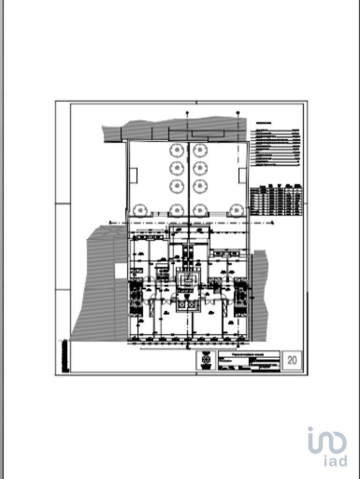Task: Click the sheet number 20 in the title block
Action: pyautogui.click(x=292, y=360)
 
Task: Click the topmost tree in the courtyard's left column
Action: pyautogui.click(x=176, y=150)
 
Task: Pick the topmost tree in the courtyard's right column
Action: pyautogui.click(x=200, y=150)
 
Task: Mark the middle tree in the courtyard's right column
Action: pyautogui.click(x=200, y=168)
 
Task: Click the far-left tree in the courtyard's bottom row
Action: pyautogui.click(x=140, y=210)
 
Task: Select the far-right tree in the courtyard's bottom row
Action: pyautogui.click(x=236, y=210)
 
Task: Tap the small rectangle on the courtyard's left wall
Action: pyautogui.click(x=133, y=175)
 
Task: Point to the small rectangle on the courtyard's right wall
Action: pyautogui.click(x=242, y=175)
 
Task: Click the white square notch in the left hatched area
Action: pyautogui.click(x=121, y=270)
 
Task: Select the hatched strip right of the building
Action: pyautogui.click(x=259, y=295)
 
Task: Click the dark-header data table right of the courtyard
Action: pyautogui.click(x=276, y=200)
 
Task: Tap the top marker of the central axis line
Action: pyautogui.click(x=187, y=113)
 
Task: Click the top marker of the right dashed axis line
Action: pyautogui.click(x=238, y=113)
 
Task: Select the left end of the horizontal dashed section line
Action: pyautogui.click(x=110, y=223)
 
